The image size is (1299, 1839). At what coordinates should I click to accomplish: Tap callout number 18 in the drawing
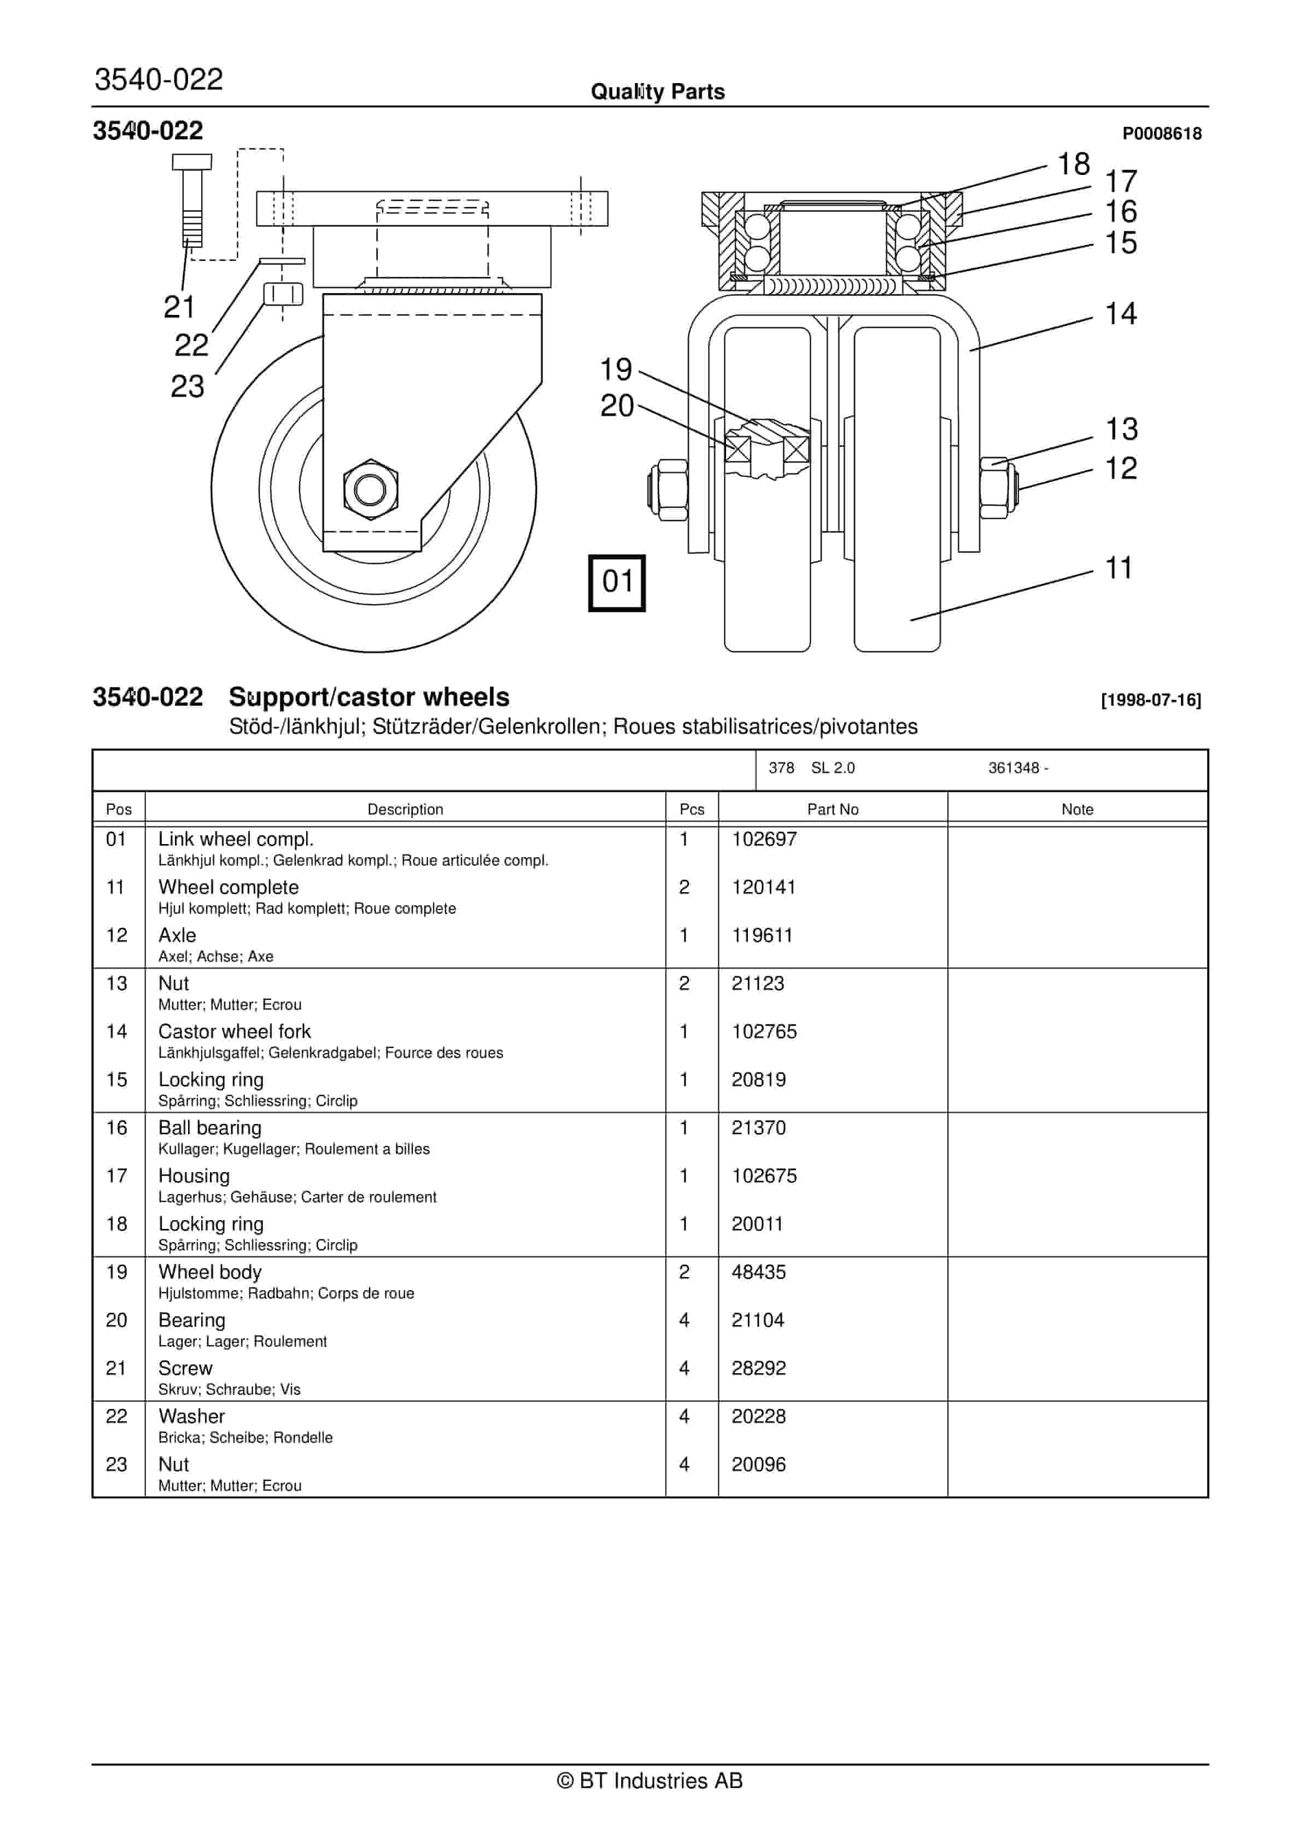coord(1073,164)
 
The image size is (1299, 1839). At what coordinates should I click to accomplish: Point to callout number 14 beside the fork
coord(1120,314)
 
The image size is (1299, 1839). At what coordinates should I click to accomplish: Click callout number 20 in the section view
coord(617,406)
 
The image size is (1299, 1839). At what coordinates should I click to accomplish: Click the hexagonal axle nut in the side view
coord(370,489)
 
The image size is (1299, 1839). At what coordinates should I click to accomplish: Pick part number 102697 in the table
coord(764,839)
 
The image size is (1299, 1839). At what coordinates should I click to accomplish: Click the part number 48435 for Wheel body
coord(758,1272)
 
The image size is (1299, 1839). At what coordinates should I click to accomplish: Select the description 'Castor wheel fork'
coord(234,1032)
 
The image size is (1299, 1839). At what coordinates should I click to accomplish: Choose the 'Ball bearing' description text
coord(210,1128)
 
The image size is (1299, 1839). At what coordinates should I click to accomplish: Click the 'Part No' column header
coord(832,809)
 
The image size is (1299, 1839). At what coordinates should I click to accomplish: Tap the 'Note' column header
coord(1076,809)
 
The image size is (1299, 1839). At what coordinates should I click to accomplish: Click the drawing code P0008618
coord(1161,134)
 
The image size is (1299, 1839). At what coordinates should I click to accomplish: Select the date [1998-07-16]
coord(1151,700)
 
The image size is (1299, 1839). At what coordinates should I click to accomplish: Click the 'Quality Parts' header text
coord(658,92)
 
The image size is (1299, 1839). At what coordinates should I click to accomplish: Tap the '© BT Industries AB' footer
coord(649,1781)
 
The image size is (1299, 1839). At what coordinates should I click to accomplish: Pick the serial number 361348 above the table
coord(1013,768)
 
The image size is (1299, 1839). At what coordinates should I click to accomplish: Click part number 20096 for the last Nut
coord(758,1464)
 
